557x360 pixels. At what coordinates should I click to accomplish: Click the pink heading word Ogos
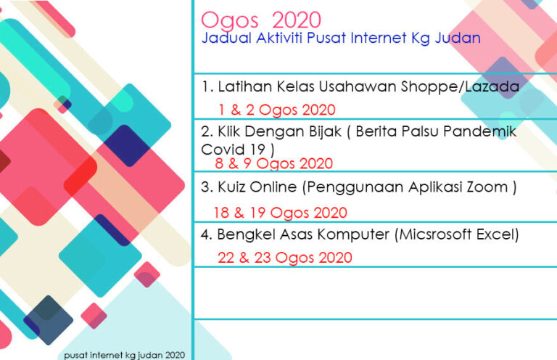(x=229, y=20)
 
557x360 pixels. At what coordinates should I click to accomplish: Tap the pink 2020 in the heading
(x=297, y=20)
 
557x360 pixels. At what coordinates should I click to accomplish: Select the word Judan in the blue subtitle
(x=458, y=38)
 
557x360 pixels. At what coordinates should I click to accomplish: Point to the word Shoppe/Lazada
(x=461, y=86)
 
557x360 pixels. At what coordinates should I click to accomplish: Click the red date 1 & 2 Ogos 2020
(x=277, y=110)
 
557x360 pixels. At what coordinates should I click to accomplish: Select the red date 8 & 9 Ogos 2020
(x=274, y=163)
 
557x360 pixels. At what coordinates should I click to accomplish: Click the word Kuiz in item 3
(x=231, y=187)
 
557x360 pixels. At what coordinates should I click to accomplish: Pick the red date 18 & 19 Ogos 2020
(x=280, y=213)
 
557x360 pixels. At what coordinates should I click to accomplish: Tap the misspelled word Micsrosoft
(x=433, y=234)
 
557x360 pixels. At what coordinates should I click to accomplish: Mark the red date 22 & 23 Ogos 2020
(x=285, y=257)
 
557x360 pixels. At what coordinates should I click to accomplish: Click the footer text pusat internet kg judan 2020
(x=124, y=355)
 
